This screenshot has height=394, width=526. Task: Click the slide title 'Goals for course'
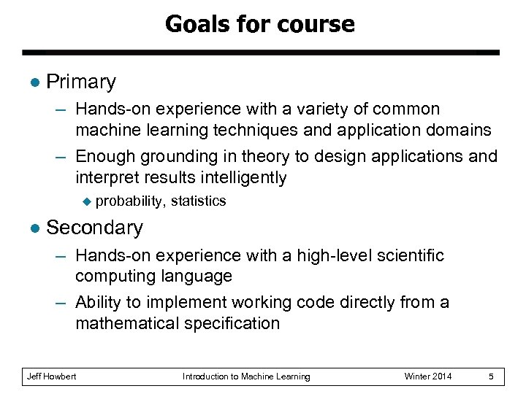(x=260, y=25)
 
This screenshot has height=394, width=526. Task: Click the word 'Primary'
(x=80, y=82)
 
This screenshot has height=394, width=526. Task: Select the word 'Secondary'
(x=94, y=228)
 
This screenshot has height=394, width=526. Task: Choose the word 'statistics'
(x=199, y=200)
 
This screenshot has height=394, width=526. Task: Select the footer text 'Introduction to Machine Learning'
(x=245, y=376)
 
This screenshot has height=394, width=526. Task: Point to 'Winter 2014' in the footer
(x=428, y=376)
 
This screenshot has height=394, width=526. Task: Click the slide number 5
(x=492, y=376)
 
